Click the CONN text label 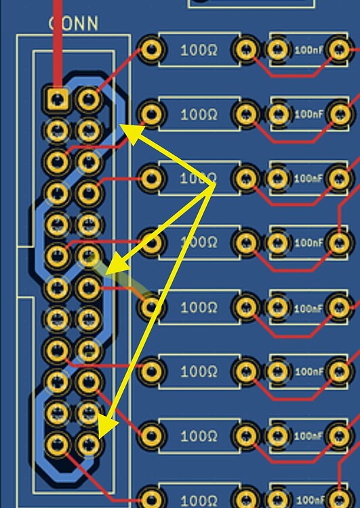pos(73,24)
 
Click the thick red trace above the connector pos(57,41)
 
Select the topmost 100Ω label pos(199,49)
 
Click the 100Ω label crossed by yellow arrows pos(198,179)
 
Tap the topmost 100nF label pos(308,50)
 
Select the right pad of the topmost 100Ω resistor pos(246,49)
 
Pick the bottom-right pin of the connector pos(87,444)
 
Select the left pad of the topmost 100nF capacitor pos(277,49)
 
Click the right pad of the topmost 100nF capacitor pos(337,49)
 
